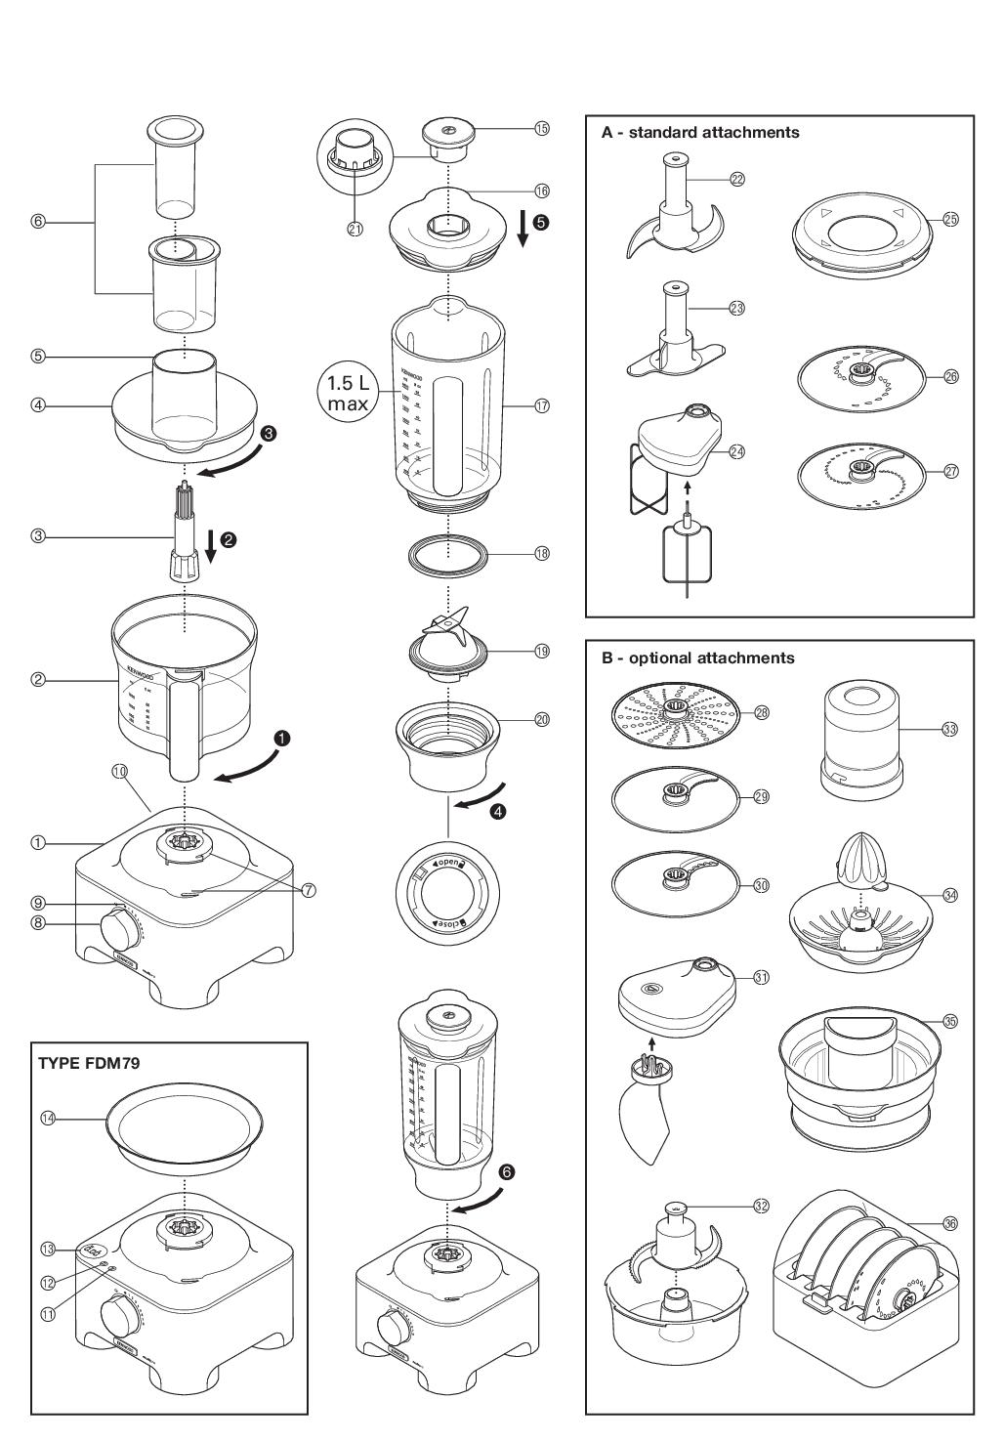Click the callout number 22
[x=737, y=179]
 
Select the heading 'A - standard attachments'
[x=700, y=132]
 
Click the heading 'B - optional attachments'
[x=697, y=657]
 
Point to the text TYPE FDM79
[x=89, y=1063]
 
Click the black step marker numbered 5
[x=541, y=222]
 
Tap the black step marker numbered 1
[x=282, y=739]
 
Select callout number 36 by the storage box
[x=950, y=1222]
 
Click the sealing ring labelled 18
[x=447, y=554]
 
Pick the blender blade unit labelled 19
[x=447, y=645]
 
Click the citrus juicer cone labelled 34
[x=859, y=860]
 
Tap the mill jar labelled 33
[x=859, y=735]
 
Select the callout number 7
[x=309, y=890]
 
